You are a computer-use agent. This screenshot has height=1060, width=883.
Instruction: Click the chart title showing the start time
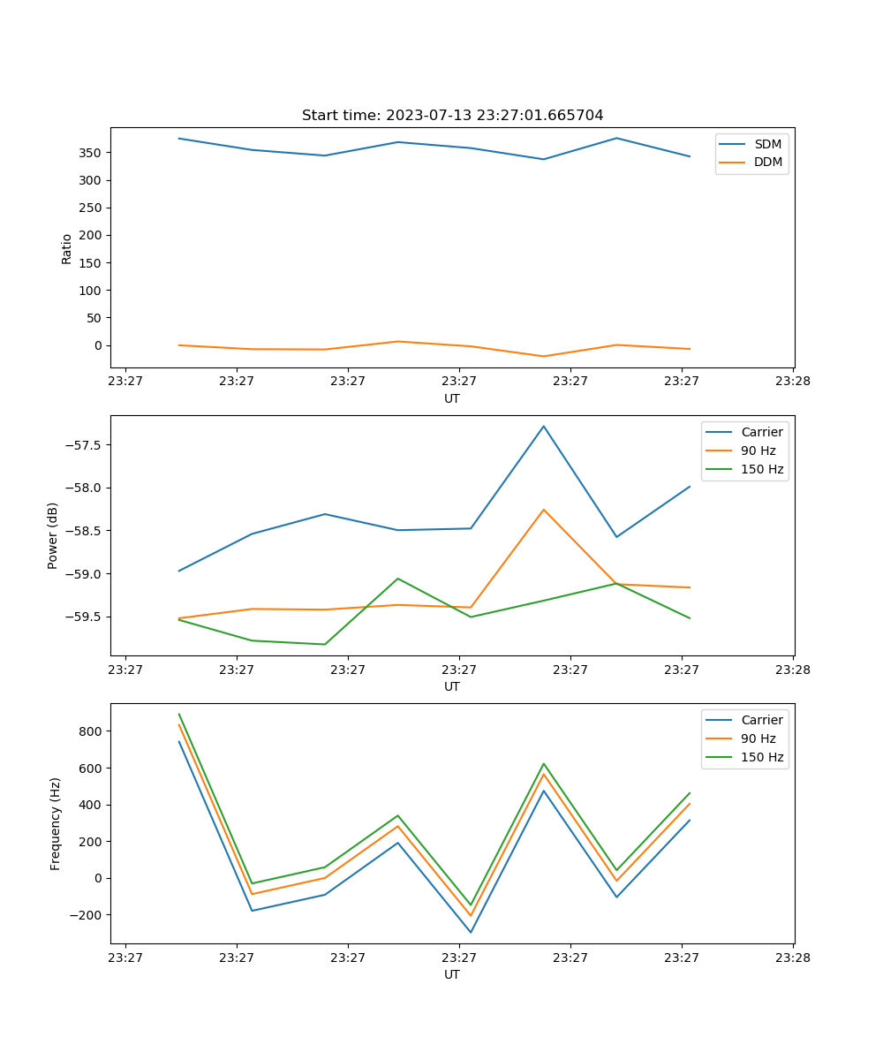click(x=452, y=116)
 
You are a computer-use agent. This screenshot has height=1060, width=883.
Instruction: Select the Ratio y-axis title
click(x=67, y=248)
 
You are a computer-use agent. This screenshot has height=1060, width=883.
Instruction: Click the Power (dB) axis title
click(x=53, y=535)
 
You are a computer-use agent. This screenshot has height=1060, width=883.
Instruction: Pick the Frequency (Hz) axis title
click(x=56, y=823)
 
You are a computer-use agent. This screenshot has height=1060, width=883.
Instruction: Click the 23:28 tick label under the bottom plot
click(x=792, y=957)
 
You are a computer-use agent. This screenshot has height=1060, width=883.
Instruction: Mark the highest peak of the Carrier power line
click(x=544, y=426)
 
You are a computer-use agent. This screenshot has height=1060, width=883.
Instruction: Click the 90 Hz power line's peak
click(x=544, y=510)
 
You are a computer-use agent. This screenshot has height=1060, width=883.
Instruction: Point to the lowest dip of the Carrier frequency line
click(x=471, y=932)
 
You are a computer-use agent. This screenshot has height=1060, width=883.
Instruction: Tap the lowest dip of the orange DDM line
click(x=543, y=356)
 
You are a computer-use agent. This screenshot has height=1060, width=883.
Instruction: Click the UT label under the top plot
click(x=452, y=398)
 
